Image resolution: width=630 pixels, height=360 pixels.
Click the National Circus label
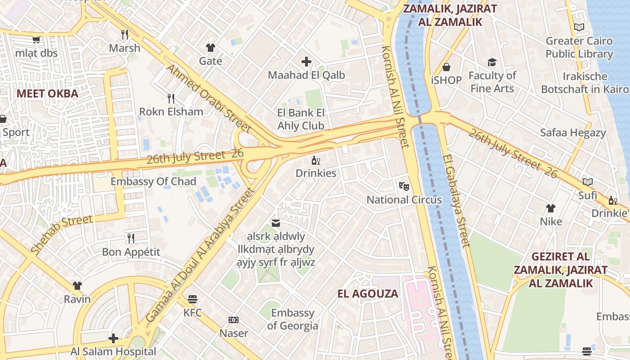coord(404,200)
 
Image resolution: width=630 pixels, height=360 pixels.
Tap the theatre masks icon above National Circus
coord(404,185)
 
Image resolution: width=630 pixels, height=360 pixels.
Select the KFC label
coord(193,312)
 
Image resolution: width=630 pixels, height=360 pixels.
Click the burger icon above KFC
coord(193,299)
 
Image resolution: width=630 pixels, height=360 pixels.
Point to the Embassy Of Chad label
coord(153,182)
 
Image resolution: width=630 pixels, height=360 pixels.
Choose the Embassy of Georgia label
coord(292,319)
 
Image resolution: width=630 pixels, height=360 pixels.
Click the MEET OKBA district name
coord(47,94)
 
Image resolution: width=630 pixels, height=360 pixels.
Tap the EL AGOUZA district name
coord(368,294)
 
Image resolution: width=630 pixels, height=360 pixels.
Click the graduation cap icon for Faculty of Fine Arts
coord(492,62)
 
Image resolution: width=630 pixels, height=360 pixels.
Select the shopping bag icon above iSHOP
coord(446,67)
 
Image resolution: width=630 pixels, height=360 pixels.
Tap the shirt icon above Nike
coord(551,208)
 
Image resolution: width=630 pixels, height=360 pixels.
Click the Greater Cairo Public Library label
coord(579,48)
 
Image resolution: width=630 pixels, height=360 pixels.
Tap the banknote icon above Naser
coord(234,320)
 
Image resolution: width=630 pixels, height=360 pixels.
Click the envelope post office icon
coord(275,223)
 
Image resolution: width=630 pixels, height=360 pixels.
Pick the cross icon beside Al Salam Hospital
coord(113,338)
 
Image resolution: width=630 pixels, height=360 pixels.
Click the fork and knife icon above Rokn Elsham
coord(171,98)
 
